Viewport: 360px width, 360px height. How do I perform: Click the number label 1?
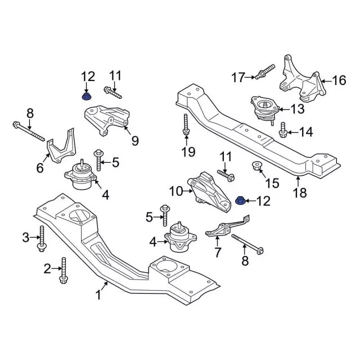[x=98, y=294]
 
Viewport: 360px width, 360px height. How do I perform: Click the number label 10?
[x=175, y=192]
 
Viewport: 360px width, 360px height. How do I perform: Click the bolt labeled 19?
[x=186, y=126]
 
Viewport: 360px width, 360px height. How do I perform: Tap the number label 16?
[x=339, y=80]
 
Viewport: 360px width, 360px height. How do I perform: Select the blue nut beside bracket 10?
[x=240, y=200]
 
